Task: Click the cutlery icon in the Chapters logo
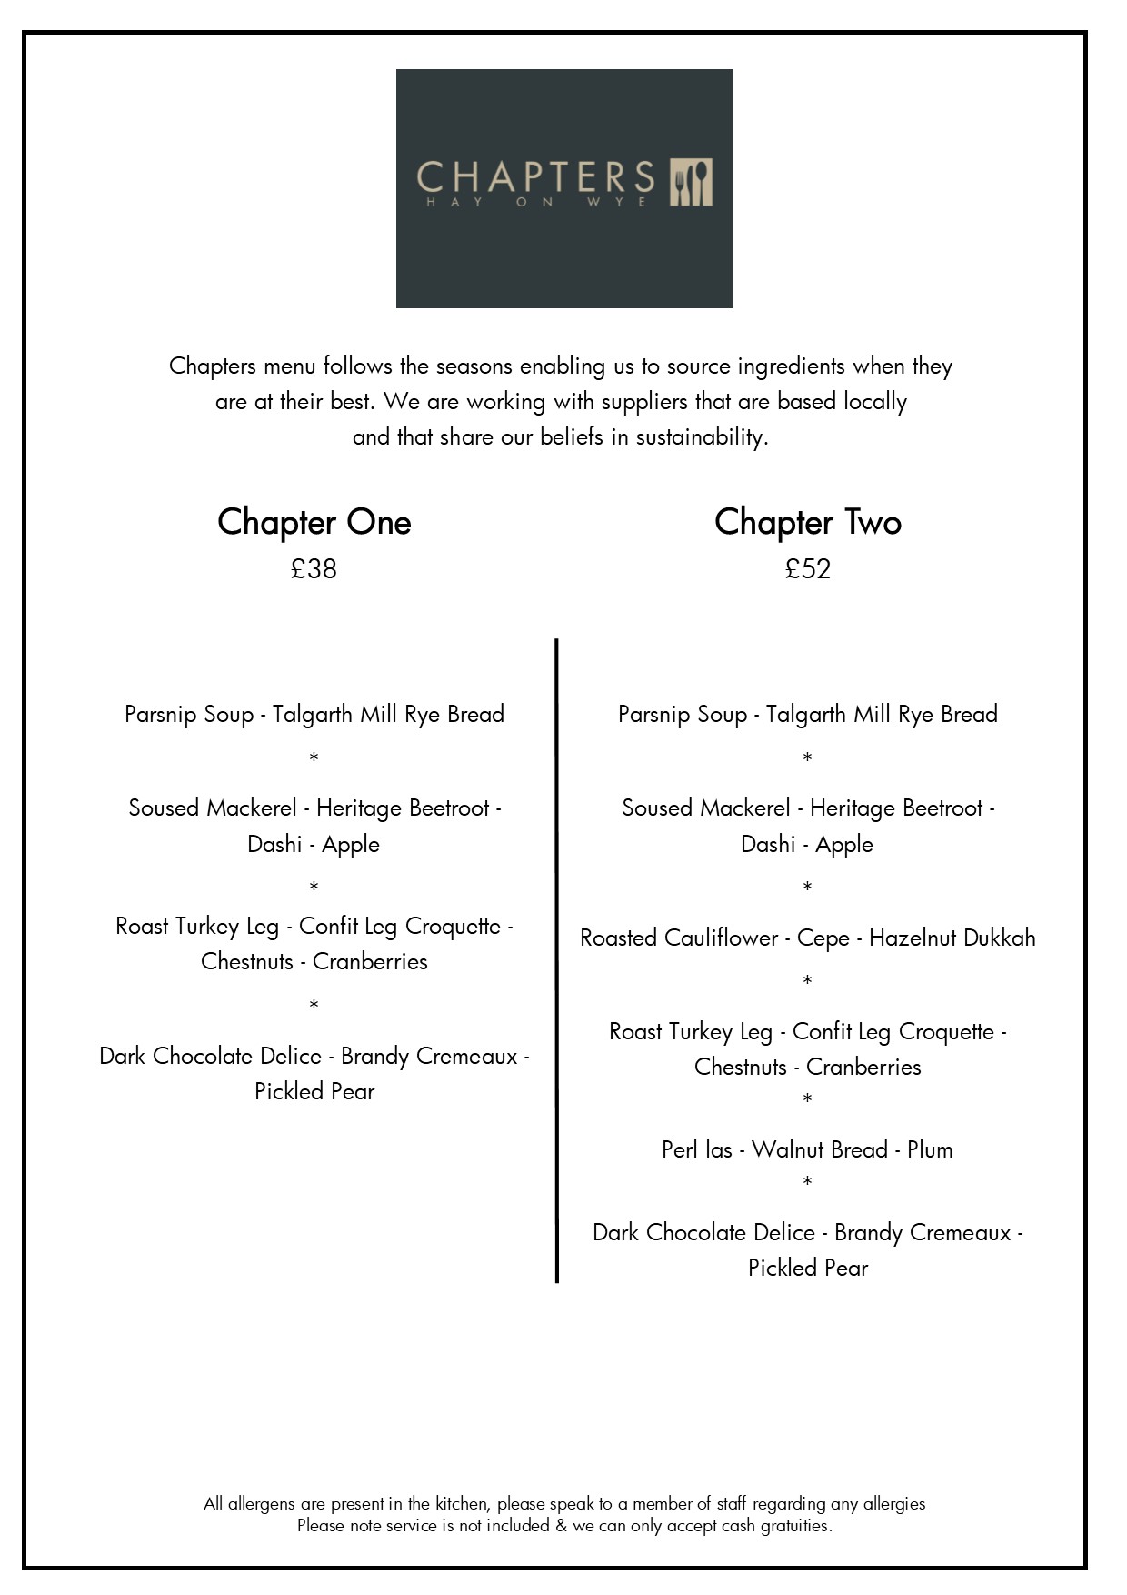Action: [692, 183]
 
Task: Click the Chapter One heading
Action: [314, 522]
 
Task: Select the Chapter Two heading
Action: [807, 522]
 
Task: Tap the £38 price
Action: [314, 569]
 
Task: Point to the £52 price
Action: [807, 569]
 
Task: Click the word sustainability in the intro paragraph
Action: [700, 437]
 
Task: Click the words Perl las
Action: [696, 1149]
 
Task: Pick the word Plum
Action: [930, 1149]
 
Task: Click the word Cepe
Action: [823, 938]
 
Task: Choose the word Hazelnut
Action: [911, 938]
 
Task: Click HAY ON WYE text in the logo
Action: [536, 202]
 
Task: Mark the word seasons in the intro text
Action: [474, 366]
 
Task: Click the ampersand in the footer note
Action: [561, 1526]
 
